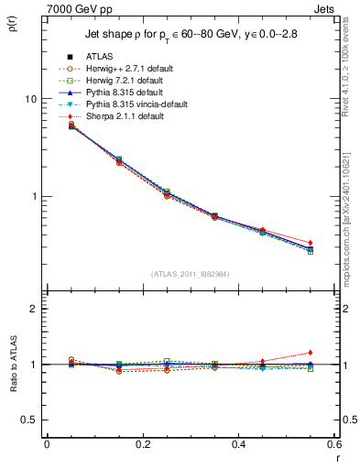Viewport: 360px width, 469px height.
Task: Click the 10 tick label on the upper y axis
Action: pyautogui.click(x=30, y=99)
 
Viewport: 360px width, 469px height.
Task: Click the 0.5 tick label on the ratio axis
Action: pyautogui.click(x=28, y=420)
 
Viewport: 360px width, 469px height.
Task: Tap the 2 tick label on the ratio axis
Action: pyautogui.click(x=33, y=309)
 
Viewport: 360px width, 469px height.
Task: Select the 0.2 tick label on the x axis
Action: pyautogui.click(x=142, y=443)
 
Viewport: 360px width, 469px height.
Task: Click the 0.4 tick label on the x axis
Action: pyautogui.click(x=238, y=443)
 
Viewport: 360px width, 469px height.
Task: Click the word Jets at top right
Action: pyautogui.click(x=328, y=8)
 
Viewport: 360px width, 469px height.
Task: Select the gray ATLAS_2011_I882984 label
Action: pyautogui.click(x=191, y=275)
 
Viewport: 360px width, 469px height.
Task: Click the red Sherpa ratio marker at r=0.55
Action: pyautogui.click(x=311, y=353)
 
